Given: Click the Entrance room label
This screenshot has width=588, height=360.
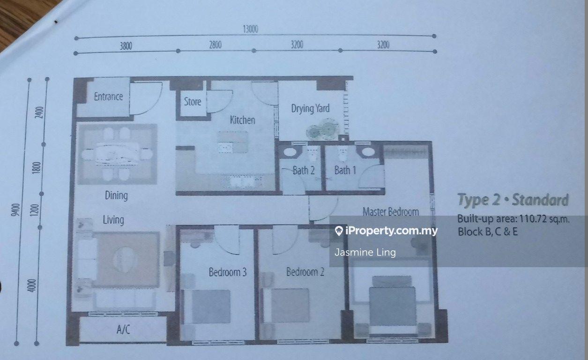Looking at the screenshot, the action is coord(108,97).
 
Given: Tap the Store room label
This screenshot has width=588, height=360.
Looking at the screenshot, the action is coord(193,102).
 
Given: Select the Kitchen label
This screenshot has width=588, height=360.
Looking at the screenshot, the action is coord(243,120).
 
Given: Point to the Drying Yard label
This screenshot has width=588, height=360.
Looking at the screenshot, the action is coord(310,108).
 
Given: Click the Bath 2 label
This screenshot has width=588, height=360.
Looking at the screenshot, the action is coord(304,171).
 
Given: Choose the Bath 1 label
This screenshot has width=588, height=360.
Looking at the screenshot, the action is coord(345,170).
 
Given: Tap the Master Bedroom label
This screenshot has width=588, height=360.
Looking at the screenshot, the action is coord(391,212).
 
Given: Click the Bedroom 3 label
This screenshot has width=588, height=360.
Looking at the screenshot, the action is coord(228,272).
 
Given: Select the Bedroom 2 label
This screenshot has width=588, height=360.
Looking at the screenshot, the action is coord(305,271).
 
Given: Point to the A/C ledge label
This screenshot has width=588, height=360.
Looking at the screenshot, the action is coord(123,329).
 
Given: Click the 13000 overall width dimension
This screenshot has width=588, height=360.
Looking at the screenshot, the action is coord(250,29).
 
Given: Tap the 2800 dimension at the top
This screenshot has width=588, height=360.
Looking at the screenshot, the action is coord(215,45).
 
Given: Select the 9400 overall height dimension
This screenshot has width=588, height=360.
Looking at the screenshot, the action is coord(16,210).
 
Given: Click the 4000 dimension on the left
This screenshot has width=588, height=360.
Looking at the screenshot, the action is coord(31,285).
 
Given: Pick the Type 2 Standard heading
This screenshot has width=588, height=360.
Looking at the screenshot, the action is coord(513,200).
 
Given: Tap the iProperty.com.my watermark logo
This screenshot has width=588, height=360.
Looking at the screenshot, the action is coord(386,231).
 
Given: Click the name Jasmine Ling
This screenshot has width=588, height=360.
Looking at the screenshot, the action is coord(365,252).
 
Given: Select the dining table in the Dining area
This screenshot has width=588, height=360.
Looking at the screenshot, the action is coord(117,154).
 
